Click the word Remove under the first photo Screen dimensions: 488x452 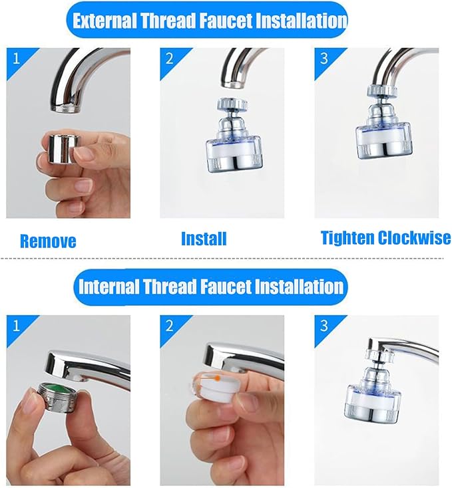click(x=48, y=241)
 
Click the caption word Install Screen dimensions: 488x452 click(x=204, y=239)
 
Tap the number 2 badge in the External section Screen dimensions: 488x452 click(x=169, y=59)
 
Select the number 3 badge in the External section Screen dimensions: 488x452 click(x=324, y=59)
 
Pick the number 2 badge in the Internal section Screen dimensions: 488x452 click(x=169, y=326)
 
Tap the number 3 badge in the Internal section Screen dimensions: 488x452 click(x=324, y=326)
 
